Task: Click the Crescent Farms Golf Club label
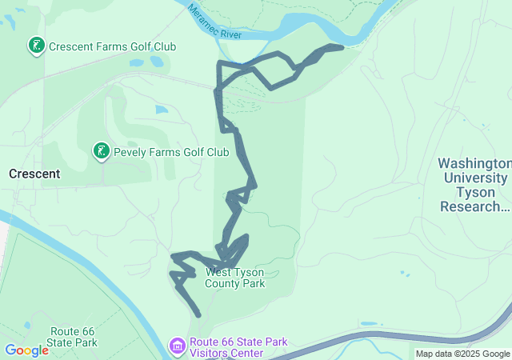pyautogui.click(x=112, y=47)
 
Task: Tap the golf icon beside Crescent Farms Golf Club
pyautogui.click(x=36, y=46)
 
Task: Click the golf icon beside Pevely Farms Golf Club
pyautogui.click(x=102, y=151)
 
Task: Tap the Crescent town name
pyautogui.click(x=34, y=174)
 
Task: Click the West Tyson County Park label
pyautogui.click(x=235, y=278)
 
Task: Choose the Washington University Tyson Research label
pyautogui.click(x=474, y=185)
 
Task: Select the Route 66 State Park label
pyautogui.click(x=73, y=337)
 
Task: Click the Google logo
pyautogui.click(x=26, y=350)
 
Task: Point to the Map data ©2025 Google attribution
pyautogui.click(x=462, y=354)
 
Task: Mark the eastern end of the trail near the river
pyautogui.click(x=341, y=47)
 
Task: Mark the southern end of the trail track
pyautogui.click(x=198, y=315)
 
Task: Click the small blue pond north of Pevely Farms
pyautogui.click(x=161, y=110)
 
